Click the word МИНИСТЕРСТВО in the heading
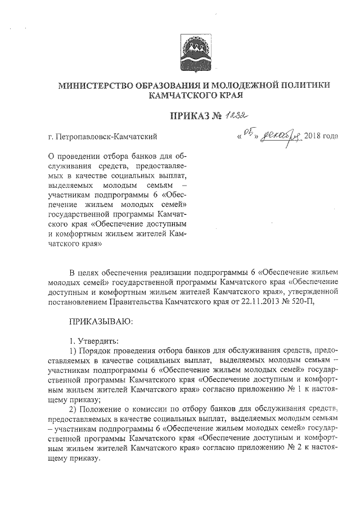(x=93, y=85)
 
